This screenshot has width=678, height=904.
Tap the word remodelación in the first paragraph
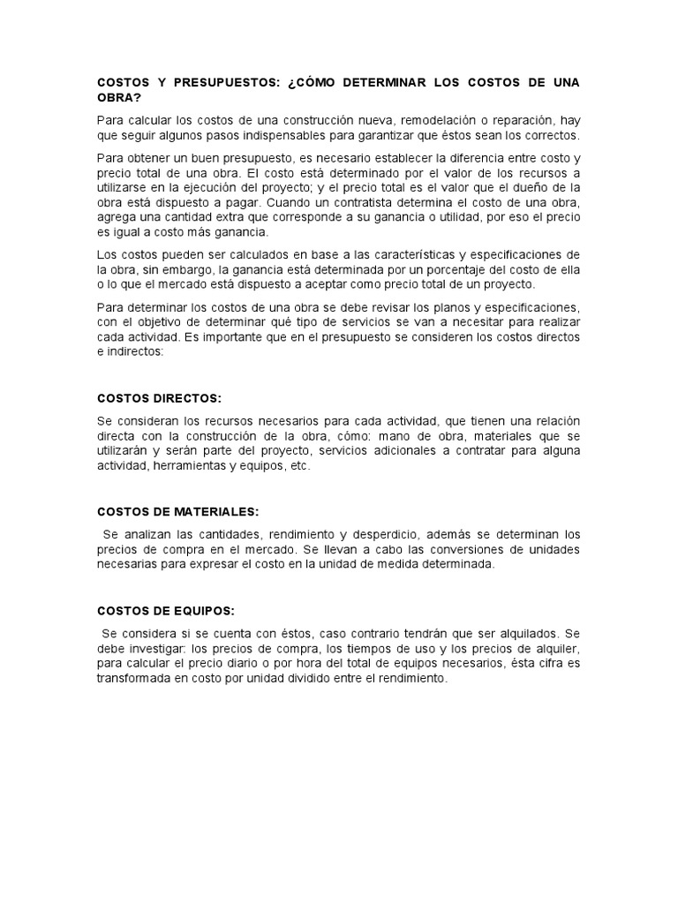pos(414,120)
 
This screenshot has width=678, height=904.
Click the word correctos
pos(549,135)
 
